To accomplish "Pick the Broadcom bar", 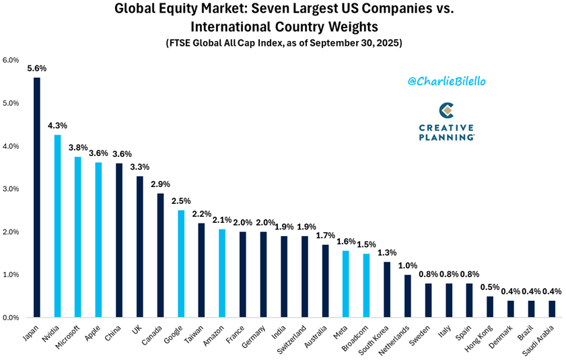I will tap(366, 285).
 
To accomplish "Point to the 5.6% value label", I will tap(36, 68).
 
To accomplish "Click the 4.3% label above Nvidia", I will tap(57, 125).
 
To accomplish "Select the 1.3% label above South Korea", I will tap(387, 252).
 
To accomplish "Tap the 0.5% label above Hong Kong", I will tap(490, 287).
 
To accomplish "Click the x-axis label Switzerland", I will tap(295, 338).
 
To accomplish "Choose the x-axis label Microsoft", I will tap(69, 337).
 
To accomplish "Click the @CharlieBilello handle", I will tap(447, 81).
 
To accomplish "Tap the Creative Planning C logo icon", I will tap(446, 110).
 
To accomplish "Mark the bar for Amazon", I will tap(222, 273).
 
